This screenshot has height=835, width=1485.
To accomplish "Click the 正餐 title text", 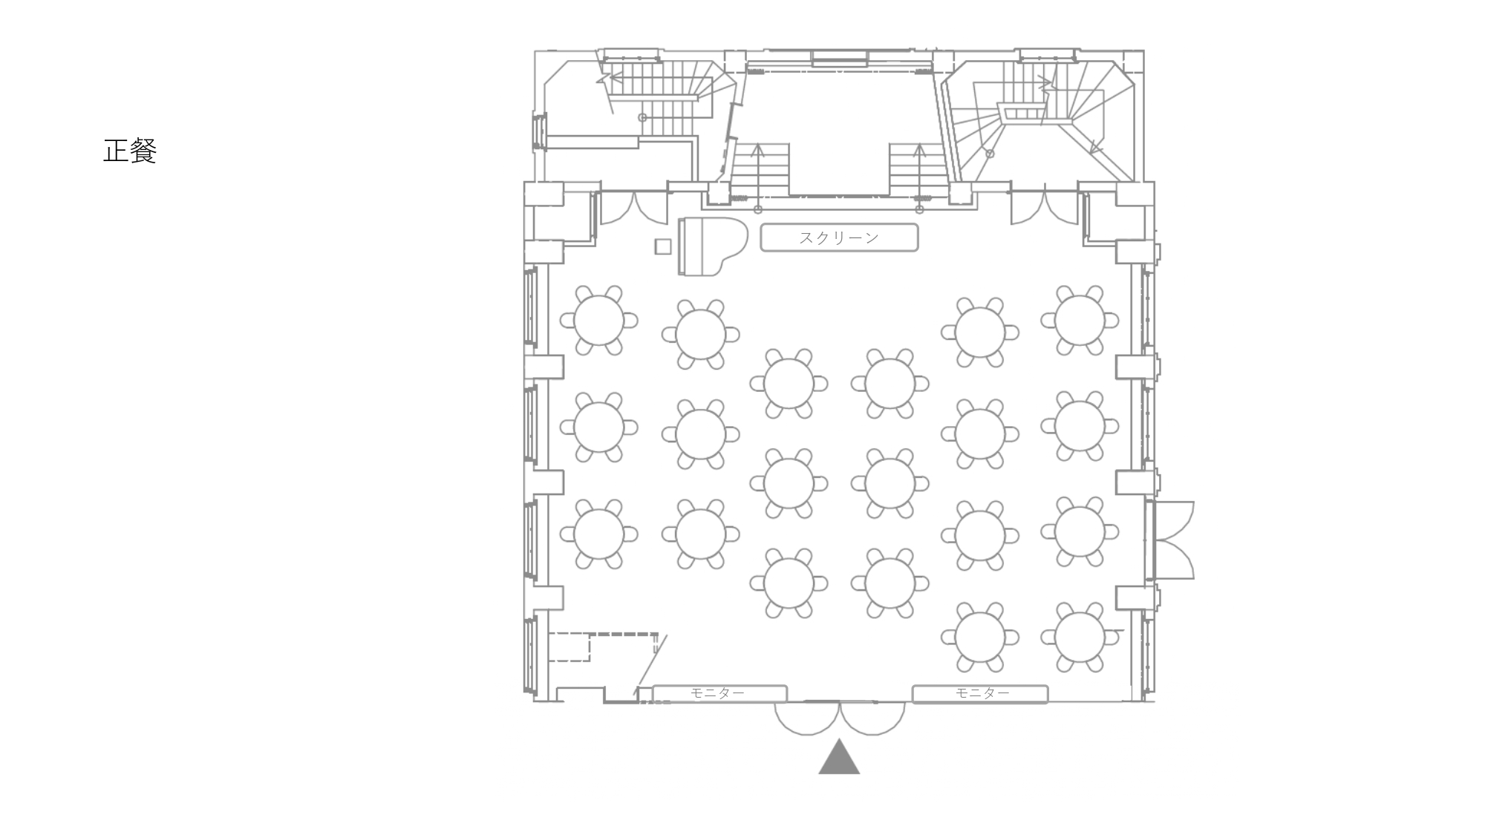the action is coord(130,151).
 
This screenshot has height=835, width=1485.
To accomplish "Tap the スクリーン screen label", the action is coord(839,238).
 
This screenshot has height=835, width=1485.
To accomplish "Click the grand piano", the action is coord(709,246).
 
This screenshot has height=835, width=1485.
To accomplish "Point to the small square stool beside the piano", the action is coord(663,246).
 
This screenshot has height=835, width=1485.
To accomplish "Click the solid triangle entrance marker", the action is coord(839,757).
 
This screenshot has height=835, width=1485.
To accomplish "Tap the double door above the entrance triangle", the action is coord(840,718).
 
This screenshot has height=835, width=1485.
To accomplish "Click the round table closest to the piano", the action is coord(701,334).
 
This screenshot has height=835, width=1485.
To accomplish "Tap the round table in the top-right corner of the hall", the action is coord(1080,320).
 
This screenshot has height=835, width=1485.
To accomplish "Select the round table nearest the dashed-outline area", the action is coord(599,534).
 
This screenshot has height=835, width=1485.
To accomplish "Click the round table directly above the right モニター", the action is coord(980,638).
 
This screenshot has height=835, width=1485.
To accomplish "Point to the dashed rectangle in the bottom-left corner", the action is coord(569,646).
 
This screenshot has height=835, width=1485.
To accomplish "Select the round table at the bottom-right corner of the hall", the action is coord(1080,638).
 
